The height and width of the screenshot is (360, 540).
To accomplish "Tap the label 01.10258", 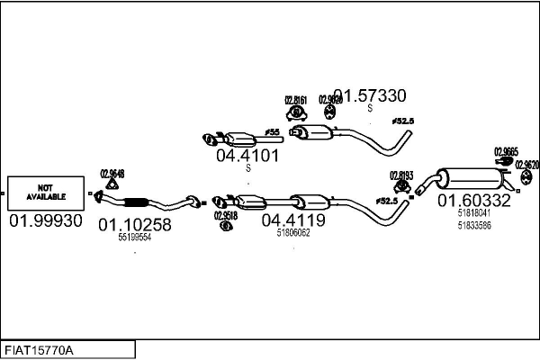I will [x=134, y=224].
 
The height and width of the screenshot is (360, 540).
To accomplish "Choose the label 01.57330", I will [x=370, y=94].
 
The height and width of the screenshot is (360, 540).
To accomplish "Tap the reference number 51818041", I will [x=473, y=213].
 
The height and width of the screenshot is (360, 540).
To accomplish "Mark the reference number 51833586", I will [x=473, y=225].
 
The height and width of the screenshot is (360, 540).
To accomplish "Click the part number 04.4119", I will [x=293, y=219].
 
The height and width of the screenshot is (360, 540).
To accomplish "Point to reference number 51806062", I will [x=293, y=232].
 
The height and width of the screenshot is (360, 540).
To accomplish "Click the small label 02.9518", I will [x=226, y=215].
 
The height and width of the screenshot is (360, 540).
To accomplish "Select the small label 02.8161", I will [x=296, y=100].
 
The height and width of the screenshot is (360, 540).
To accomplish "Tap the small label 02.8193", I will [x=400, y=175].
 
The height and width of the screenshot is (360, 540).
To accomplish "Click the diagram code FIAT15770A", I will [x=40, y=349].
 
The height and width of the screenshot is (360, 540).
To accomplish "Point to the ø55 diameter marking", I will [x=274, y=132].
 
